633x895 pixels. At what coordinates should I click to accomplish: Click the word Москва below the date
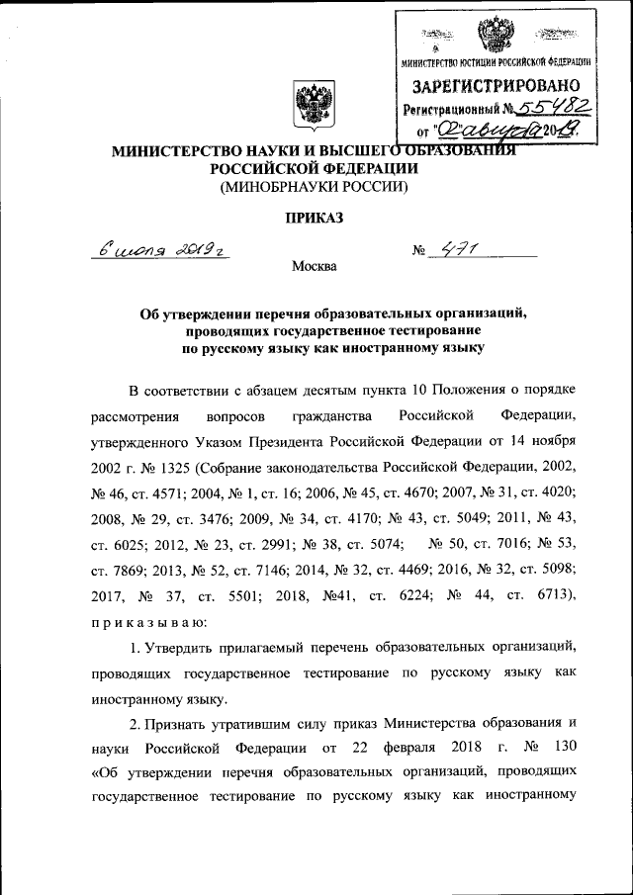click(x=315, y=266)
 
